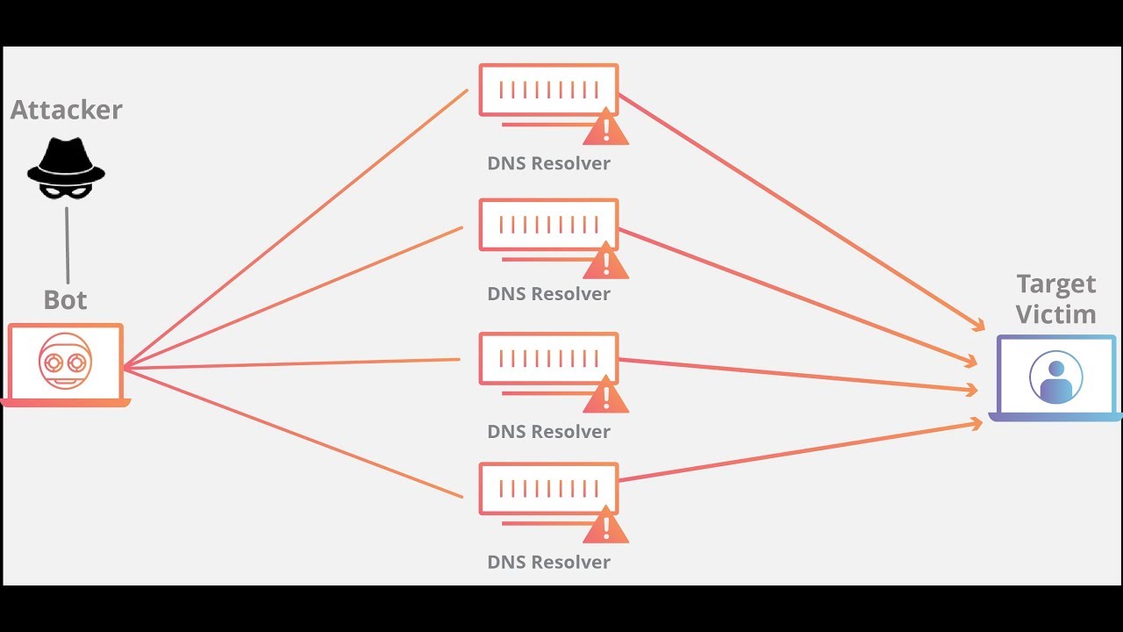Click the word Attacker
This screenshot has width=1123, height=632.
point(67,110)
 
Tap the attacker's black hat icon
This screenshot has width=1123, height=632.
point(66,167)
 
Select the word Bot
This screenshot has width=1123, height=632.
point(66,300)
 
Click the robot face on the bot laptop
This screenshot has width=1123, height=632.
point(66,363)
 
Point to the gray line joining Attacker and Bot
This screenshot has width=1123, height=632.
point(68,246)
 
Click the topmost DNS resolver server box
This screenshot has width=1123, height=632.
point(548,90)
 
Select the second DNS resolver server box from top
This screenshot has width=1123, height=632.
point(548,224)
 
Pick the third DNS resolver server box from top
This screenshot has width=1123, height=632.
point(548,358)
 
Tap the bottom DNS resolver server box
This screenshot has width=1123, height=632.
point(548,489)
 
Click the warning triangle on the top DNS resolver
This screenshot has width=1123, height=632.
point(605,129)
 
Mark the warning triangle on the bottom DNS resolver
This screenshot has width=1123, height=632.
point(605,528)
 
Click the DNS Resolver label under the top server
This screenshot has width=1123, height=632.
point(549,163)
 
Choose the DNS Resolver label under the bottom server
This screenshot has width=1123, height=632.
point(549,562)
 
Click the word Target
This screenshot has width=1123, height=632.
point(1056,284)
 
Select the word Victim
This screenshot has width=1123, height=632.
point(1056,314)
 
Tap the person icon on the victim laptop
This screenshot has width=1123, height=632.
point(1055,377)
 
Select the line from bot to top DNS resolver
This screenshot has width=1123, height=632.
point(294,228)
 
